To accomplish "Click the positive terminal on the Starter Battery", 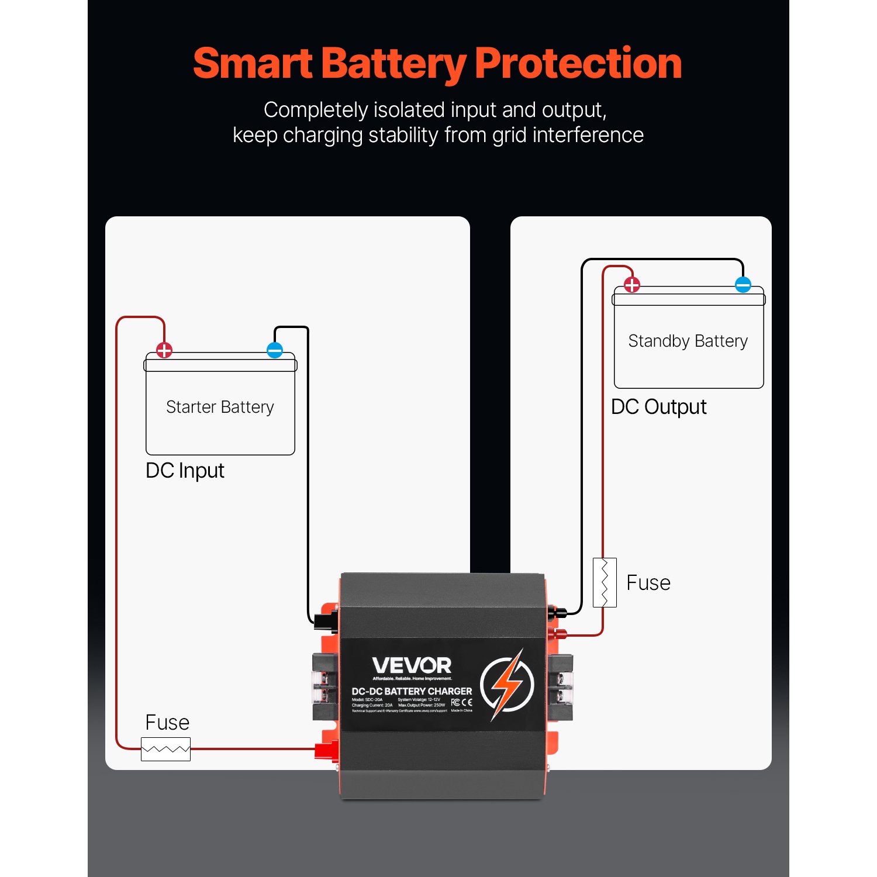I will pos(164,350).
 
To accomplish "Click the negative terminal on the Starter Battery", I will pos(275,350).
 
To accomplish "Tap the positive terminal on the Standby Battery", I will pos(632,285).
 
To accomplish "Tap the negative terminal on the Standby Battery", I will pos(743,285).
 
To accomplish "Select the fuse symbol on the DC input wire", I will pos(165,749).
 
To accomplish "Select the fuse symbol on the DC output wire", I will pos(605,582).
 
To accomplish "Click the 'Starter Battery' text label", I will pos(220,407).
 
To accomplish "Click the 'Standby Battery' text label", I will pos(688,341).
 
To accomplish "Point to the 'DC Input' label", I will pos(185,471).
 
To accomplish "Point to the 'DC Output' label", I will pos(658,407).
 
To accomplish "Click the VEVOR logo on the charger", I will pos(412,665).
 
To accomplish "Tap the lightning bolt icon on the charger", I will pos(507,685).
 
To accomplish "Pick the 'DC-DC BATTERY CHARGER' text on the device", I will pos(412,691).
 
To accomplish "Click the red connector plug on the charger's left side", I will pos(326,750).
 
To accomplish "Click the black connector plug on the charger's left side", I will pos(325,620).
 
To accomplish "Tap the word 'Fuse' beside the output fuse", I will pos(648,583).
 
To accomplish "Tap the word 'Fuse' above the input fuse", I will pos(167,723).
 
